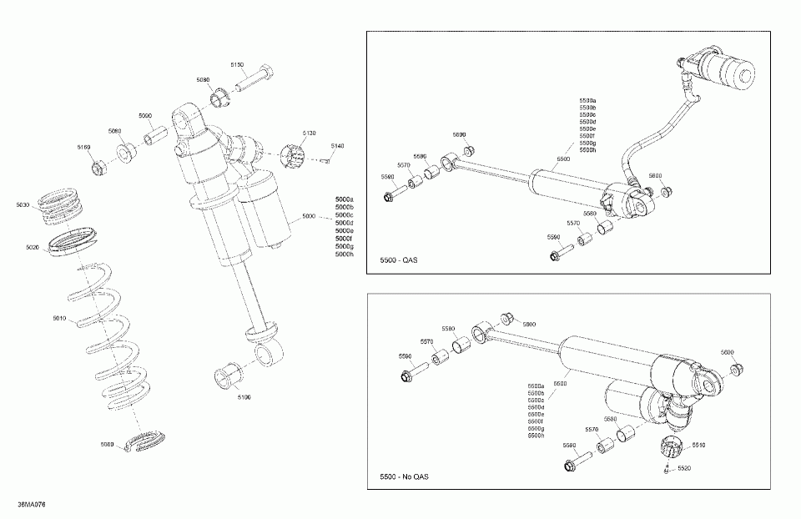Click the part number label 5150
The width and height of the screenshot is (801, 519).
[237, 64]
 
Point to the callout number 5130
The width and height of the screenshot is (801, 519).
[310, 133]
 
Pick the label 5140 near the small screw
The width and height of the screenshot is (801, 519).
[336, 146]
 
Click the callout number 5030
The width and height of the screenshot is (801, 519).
[23, 204]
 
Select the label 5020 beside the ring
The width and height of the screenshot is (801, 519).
[33, 248]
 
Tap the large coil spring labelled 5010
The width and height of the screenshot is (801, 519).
[113, 334]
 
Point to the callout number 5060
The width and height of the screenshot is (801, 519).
[107, 444]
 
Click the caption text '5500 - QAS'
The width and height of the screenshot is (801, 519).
[398, 261]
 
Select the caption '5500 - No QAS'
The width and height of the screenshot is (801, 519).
[404, 477]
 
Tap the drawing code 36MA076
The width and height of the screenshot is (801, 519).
[33, 505]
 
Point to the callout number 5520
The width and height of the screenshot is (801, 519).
[683, 469]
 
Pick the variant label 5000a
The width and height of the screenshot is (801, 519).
[344, 199]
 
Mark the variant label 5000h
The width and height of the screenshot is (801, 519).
[344, 254]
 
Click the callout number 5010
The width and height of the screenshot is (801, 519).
[59, 319]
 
